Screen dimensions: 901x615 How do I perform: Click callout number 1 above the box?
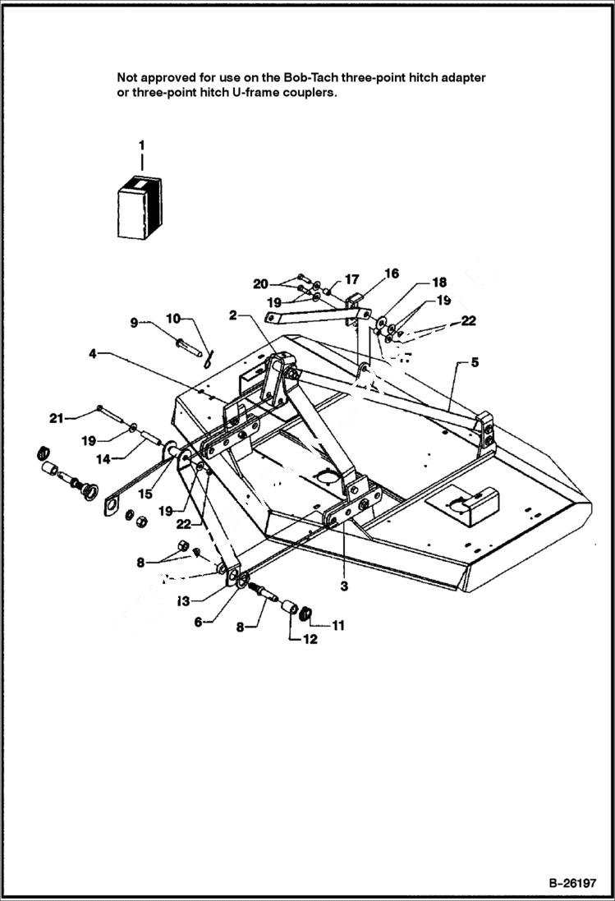141,145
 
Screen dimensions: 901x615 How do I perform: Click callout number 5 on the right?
197,623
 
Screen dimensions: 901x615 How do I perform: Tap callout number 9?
173,317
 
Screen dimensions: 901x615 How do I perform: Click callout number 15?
391,274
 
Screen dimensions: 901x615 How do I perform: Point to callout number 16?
351,279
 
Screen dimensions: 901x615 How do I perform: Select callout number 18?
260,284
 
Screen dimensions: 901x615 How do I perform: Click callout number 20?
55,419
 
